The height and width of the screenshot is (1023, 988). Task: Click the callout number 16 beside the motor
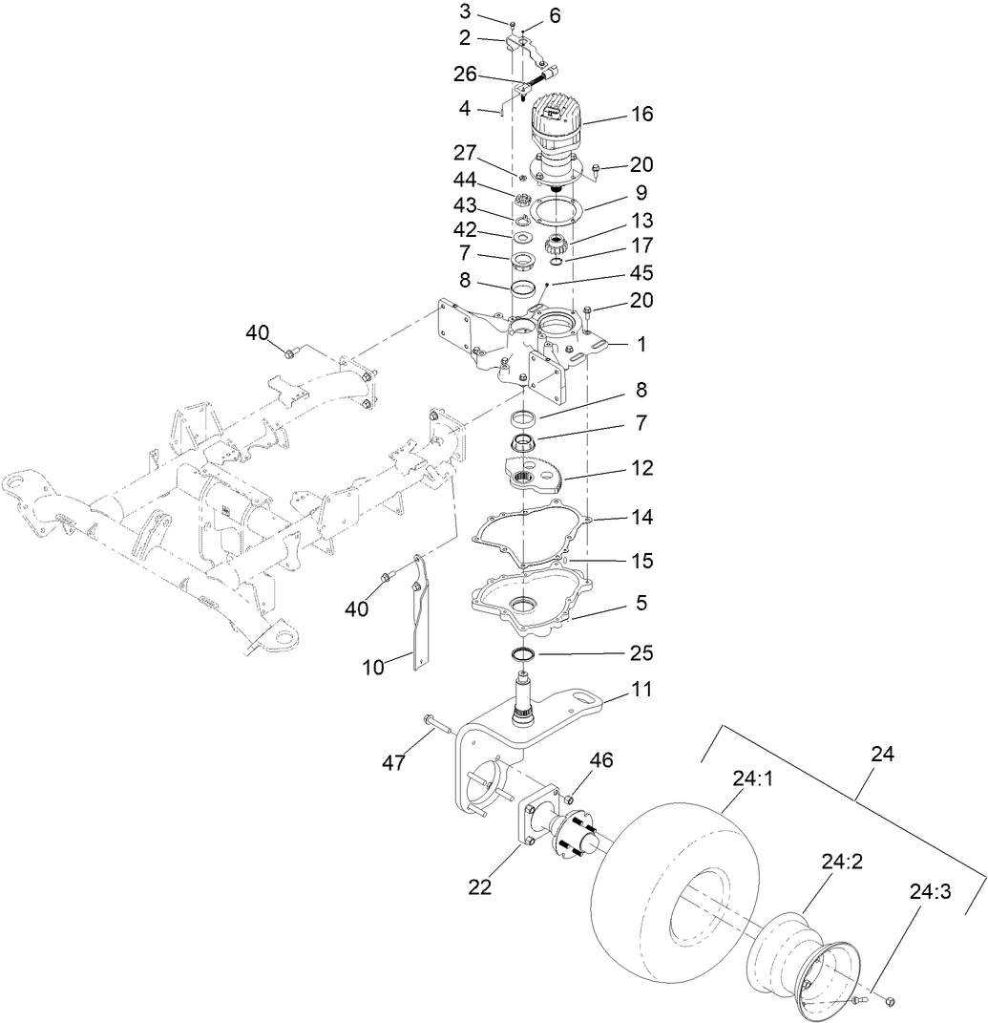642,115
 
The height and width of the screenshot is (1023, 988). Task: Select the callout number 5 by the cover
641,603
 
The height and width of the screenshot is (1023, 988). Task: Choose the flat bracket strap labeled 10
418,611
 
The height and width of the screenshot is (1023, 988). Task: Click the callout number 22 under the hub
479,887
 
